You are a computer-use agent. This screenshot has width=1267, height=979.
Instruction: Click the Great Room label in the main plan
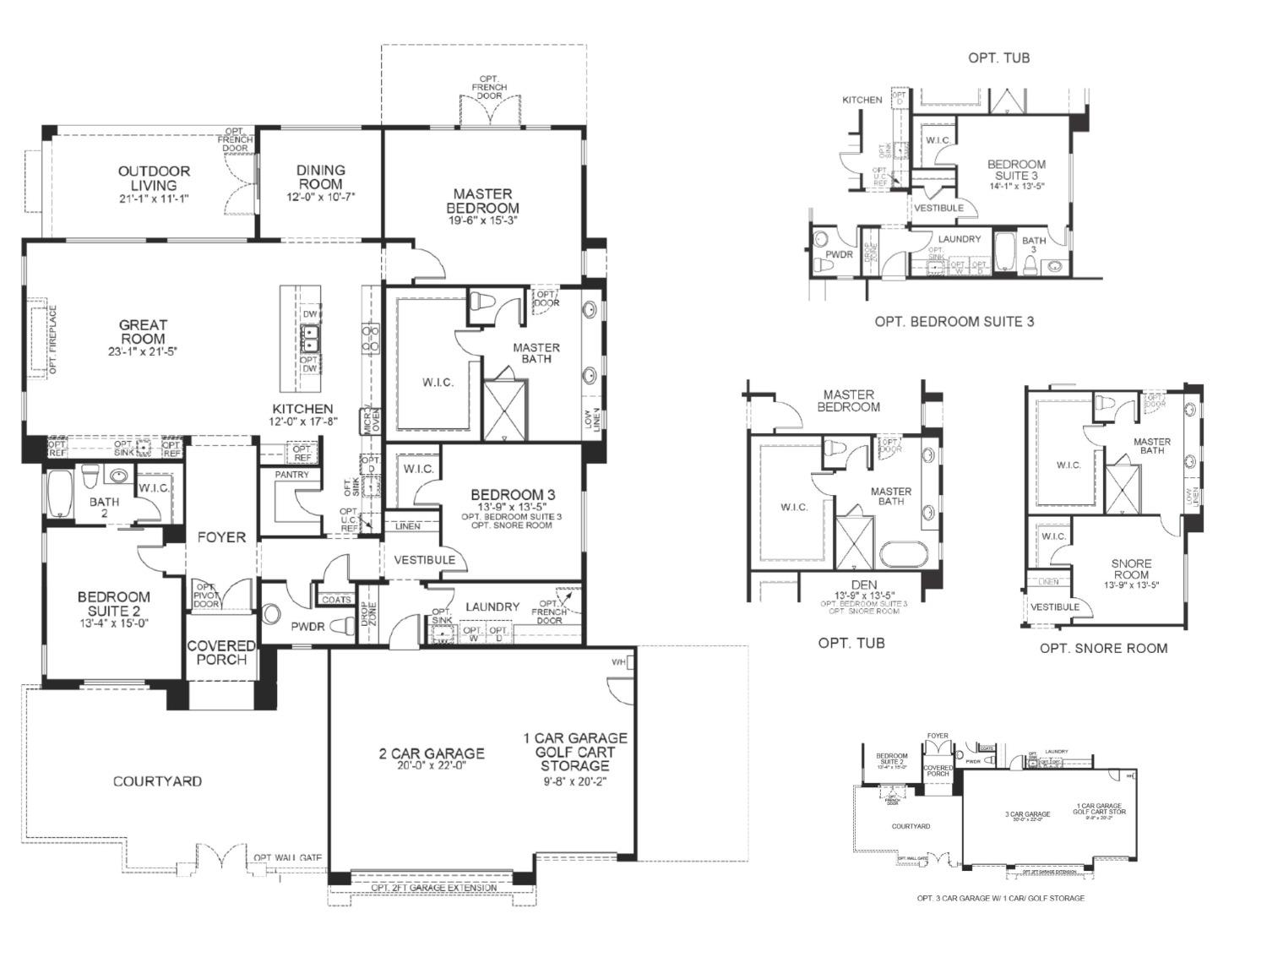point(143,331)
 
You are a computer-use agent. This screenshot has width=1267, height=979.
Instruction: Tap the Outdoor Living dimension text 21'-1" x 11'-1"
point(154,199)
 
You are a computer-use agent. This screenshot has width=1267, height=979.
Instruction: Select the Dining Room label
point(320,177)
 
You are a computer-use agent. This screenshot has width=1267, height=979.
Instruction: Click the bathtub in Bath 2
point(61,494)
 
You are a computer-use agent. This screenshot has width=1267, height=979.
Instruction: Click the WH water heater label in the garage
point(618,663)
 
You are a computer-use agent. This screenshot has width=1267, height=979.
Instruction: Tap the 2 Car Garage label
point(432,753)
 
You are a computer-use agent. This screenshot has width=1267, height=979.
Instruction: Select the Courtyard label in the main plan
point(157,781)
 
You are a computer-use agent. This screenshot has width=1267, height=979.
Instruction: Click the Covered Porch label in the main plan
point(221,652)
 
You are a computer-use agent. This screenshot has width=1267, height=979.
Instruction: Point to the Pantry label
point(291,475)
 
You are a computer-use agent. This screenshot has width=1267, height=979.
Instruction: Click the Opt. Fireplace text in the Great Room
point(52,340)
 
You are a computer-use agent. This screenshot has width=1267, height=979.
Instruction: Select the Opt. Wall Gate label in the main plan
point(288,858)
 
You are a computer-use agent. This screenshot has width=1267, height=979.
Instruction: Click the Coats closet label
point(336,600)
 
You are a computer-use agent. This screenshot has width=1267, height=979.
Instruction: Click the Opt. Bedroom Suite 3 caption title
point(954,321)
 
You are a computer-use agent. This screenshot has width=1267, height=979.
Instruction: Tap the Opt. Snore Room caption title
point(1103,648)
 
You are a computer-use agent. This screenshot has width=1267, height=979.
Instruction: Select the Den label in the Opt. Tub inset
point(864,585)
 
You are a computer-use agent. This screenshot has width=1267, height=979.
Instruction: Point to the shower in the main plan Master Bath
point(505,410)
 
